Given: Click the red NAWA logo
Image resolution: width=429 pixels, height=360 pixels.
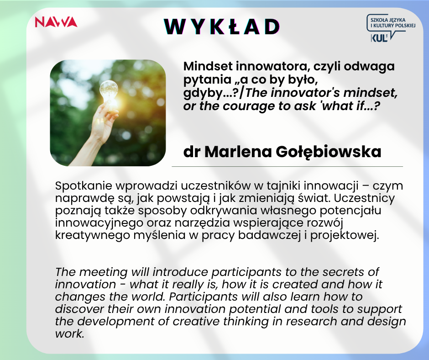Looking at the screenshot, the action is coord(56,22).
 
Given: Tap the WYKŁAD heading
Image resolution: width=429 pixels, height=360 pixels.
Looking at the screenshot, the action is coord(222,26).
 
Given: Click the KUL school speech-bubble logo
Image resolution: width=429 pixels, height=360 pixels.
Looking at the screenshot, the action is coord(391,28).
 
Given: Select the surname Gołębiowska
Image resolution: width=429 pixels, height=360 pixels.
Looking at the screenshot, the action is coord(328,152).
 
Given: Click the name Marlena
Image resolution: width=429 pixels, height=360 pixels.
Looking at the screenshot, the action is coord(238,152).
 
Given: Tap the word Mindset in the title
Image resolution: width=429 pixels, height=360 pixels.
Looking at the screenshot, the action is coord(208,66).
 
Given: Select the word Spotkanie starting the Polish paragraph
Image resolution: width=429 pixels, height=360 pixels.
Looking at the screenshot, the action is coord(84,186).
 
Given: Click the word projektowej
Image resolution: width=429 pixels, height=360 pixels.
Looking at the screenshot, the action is coord(345,236).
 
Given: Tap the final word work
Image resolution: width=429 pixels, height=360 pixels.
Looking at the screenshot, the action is coord(69,334).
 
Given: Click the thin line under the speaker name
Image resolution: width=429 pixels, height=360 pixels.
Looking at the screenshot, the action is coord(287,166).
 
